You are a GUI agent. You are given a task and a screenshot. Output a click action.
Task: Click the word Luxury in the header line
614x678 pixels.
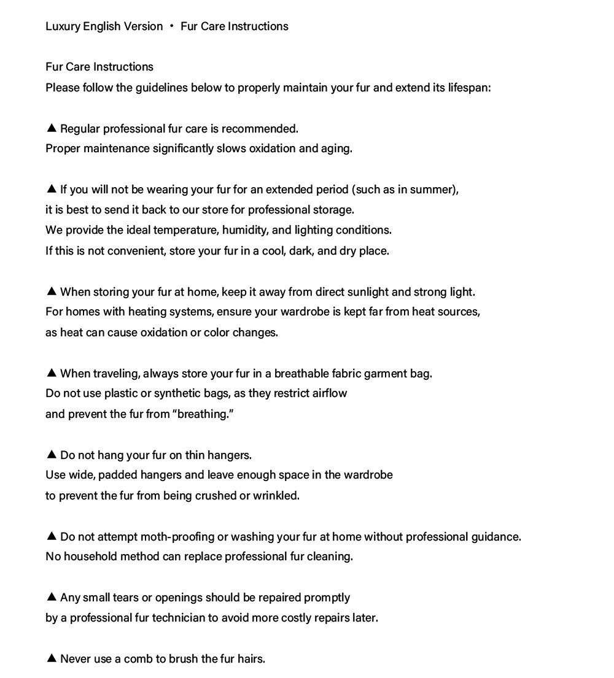(x=62, y=26)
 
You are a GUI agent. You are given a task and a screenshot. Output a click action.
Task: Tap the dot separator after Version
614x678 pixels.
(x=172, y=26)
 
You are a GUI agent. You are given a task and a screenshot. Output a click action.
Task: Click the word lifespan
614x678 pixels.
(x=469, y=88)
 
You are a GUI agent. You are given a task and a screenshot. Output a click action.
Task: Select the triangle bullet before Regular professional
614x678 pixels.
(x=52, y=128)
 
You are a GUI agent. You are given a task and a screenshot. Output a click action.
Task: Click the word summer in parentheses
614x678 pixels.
(x=433, y=190)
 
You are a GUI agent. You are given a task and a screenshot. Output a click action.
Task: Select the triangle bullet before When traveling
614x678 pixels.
(x=52, y=372)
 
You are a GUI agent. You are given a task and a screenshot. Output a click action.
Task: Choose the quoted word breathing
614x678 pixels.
(x=204, y=414)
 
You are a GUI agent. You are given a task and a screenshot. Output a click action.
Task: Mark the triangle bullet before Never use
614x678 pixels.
(x=52, y=658)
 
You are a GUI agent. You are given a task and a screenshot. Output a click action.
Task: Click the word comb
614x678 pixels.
(x=138, y=659)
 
